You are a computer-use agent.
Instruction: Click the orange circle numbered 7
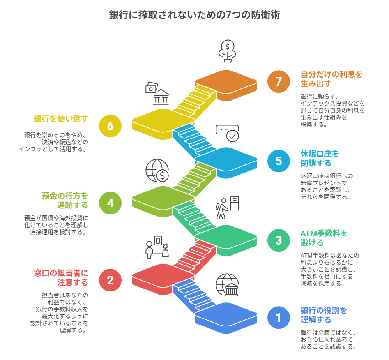[x=279, y=82]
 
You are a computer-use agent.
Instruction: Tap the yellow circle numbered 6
[x=110, y=126]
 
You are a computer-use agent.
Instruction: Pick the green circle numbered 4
[x=110, y=203]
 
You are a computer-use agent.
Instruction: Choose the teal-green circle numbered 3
[x=279, y=240]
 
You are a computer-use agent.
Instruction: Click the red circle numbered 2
[x=110, y=280]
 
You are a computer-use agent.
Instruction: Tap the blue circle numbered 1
[x=279, y=318]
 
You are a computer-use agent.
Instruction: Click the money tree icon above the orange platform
[x=227, y=51]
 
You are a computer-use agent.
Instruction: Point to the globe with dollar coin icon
[x=157, y=170]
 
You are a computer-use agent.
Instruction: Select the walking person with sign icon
[x=227, y=208]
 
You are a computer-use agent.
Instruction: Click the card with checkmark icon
[x=227, y=133]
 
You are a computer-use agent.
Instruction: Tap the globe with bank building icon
[x=227, y=285]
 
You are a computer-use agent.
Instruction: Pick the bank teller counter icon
[x=157, y=247]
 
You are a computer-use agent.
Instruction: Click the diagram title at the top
[x=194, y=15]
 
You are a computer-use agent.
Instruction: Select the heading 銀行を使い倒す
[x=61, y=119]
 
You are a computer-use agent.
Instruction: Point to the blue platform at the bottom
[x=226, y=317]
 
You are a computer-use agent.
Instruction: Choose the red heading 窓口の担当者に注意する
[x=61, y=277]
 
